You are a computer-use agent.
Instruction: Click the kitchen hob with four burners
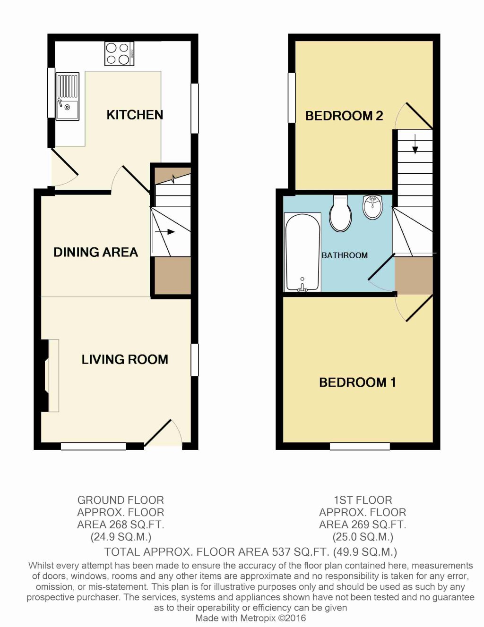[119, 54]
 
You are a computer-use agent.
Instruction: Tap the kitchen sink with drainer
[68, 97]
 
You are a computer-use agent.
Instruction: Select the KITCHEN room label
[134, 115]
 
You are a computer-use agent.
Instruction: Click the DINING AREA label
[95, 252]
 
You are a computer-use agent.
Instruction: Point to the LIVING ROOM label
[125, 359]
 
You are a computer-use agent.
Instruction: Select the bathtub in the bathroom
[302, 252]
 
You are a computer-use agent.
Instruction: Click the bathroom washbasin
[373, 207]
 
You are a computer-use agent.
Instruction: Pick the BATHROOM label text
[345, 255]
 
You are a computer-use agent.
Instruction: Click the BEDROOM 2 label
[344, 116]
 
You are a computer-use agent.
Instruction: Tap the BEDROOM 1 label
[357, 382]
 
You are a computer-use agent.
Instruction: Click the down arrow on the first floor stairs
[415, 144]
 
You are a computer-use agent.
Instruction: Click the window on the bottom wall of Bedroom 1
[360, 446]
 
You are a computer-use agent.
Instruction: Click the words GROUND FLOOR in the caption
[121, 500]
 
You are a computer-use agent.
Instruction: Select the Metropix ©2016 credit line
[251, 618]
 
